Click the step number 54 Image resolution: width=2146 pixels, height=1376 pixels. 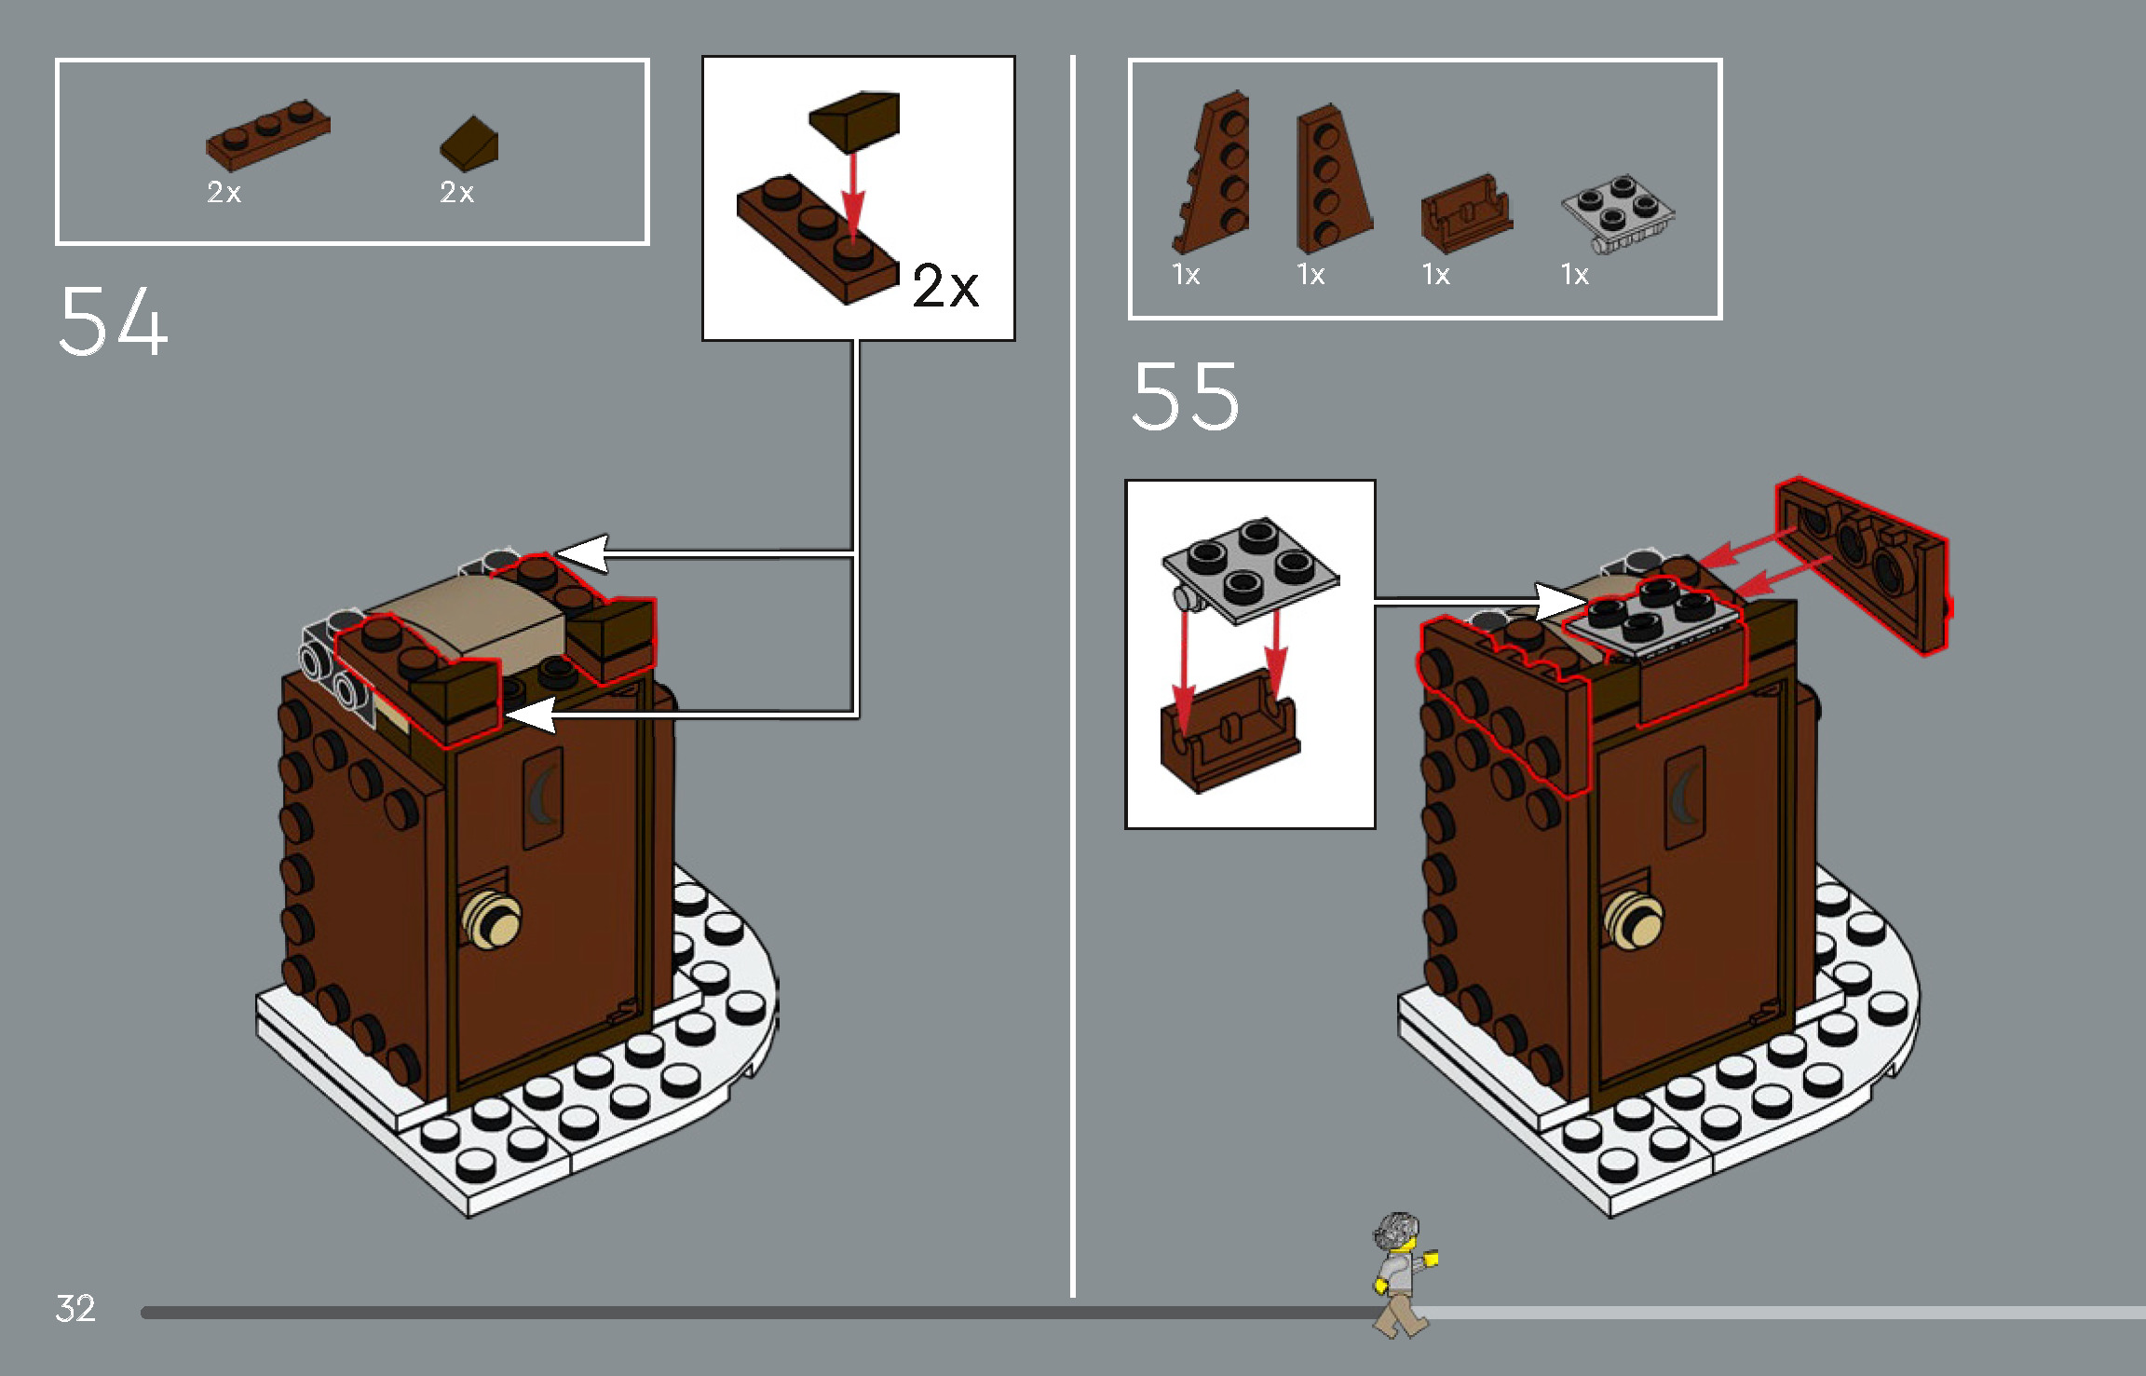pyautogui.click(x=114, y=320)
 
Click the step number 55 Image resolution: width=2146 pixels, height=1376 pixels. pyautogui.click(x=1185, y=397)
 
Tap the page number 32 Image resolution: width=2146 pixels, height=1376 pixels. pyautogui.click(x=75, y=1308)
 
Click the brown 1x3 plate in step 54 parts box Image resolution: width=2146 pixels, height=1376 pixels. pyautogui.click(x=267, y=136)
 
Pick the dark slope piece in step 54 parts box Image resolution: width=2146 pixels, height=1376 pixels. pyautogui.click(x=469, y=143)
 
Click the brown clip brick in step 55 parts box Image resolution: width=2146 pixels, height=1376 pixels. pyautogui.click(x=1465, y=214)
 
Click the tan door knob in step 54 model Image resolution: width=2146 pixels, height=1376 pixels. pyautogui.click(x=492, y=919)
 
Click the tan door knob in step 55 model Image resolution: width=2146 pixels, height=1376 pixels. pyautogui.click(x=1634, y=919)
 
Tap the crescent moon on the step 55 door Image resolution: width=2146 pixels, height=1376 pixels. pyautogui.click(x=1684, y=794)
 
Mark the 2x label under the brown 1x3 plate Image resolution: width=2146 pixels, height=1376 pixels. pyautogui.click(x=224, y=193)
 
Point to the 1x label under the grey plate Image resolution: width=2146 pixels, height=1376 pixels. pyautogui.click(x=1574, y=275)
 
